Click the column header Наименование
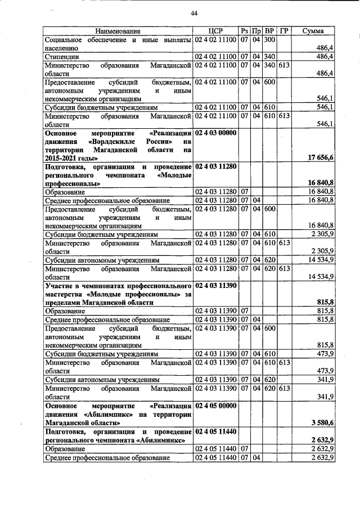[x=118, y=31]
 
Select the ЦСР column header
[x=216, y=31]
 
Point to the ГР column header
[x=284, y=31]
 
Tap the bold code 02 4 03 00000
[x=217, y=133]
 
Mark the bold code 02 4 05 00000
[x=217, y=405]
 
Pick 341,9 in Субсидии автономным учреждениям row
[x=323, y=379]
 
